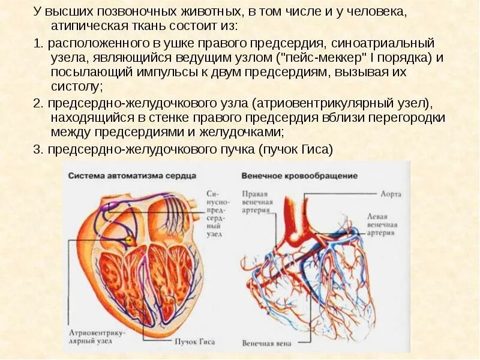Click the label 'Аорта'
(x=391, y=194)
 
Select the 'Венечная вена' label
(x=267, y=344)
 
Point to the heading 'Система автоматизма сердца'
(x=131, y=176)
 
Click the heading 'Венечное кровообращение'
(x=299, y=176)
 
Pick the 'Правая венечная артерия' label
(x=257, y=202)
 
